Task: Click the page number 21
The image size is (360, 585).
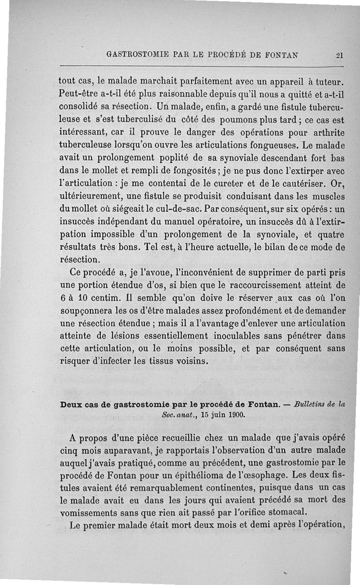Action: click(339, 56)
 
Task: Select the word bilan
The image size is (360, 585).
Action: click(284, 247)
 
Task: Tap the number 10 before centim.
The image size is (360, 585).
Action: click(80, 298)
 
